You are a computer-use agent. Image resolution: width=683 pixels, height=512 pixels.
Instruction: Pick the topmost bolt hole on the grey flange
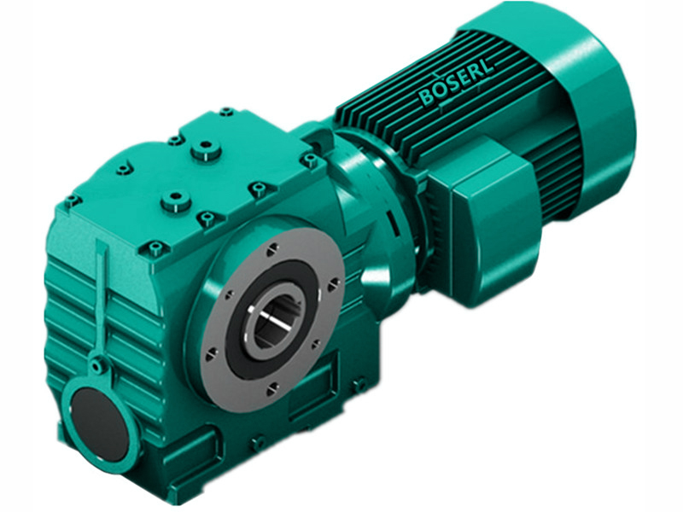coord(271,249)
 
